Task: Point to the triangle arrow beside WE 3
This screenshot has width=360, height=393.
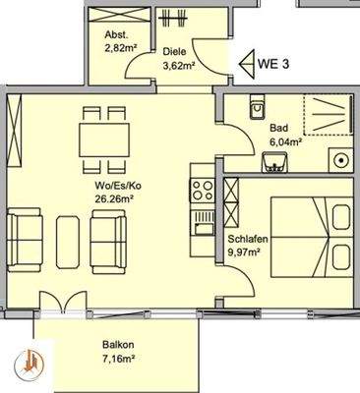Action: tap(248, 63)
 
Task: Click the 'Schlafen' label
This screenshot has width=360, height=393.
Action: tap(246, 240)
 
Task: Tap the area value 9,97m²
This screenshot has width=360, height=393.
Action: tap(245, 253)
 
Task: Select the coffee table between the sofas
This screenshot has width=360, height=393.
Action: tap(70, 240)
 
